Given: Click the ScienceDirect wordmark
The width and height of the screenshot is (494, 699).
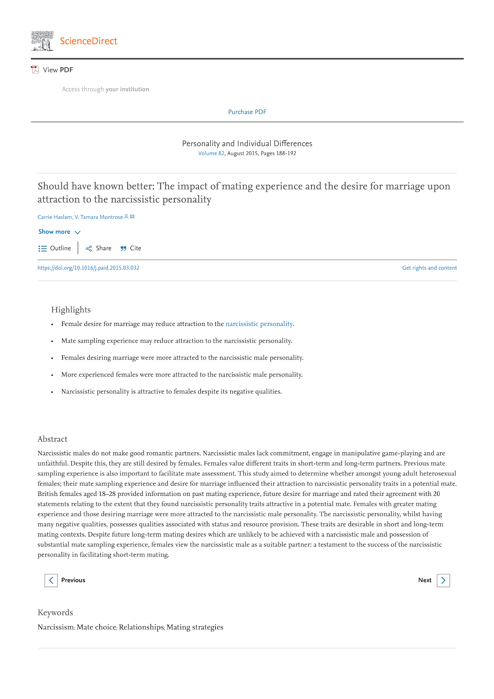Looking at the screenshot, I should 88,41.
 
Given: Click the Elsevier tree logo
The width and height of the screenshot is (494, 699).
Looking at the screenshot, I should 42,41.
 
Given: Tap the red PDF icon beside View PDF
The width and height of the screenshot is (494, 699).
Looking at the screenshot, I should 35,70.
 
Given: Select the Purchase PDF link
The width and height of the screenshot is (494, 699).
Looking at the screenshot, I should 247,112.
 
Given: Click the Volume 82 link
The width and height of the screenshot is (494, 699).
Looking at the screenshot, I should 211,154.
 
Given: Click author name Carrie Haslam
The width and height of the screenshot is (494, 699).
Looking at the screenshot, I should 55,217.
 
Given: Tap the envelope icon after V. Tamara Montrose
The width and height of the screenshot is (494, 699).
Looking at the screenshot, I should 132,217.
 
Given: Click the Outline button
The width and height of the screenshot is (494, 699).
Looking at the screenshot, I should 55,248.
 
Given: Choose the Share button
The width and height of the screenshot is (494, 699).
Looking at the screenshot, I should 99,248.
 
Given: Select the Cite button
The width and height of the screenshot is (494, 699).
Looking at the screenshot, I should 131,248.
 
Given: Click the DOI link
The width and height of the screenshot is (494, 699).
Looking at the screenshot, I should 88,268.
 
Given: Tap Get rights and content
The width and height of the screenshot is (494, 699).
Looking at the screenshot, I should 429,268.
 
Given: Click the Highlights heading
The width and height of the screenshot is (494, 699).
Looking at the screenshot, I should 71,310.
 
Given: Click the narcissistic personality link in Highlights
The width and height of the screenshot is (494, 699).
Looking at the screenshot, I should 259,324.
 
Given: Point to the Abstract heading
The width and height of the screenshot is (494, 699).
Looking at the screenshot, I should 53,439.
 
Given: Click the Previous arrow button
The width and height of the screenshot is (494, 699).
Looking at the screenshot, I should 51,581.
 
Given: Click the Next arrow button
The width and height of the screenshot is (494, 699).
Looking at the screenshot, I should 443,581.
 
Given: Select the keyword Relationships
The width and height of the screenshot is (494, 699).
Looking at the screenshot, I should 141,627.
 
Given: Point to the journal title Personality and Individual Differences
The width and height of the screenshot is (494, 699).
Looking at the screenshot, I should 247,144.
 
